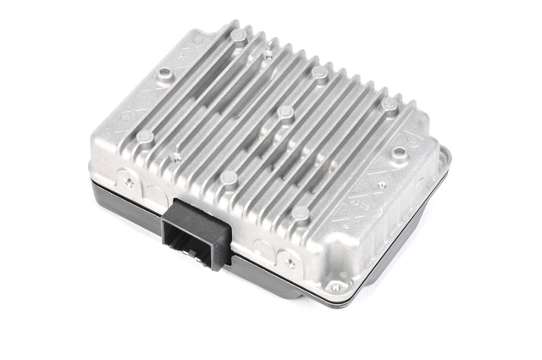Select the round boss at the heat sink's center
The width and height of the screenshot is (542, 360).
tap(285, 113)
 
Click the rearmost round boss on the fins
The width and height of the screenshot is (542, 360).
tap(240, 35)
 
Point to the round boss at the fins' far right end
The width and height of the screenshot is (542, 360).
tap(389, 104)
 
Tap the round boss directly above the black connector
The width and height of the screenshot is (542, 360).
tap(229, 178)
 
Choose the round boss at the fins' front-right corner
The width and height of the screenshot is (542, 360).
tap(301, 212)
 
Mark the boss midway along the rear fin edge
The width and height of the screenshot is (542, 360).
tap(318, 73)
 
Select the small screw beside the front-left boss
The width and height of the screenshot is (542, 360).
tap(175, 157)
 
